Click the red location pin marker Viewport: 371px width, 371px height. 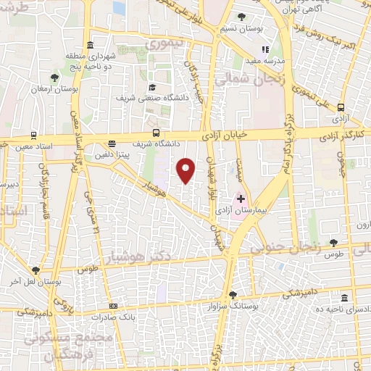[x=186, y=170]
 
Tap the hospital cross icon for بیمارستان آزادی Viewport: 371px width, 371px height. [x=241, y=198]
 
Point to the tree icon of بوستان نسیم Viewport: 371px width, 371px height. [x=241, y=17]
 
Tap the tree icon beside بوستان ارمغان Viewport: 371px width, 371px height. [x=55, y=76]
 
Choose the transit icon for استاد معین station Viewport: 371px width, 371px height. [x=33, y=136]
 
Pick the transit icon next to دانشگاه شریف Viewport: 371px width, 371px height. [x=157, y=133]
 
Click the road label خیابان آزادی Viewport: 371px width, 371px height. [x=243, y=134]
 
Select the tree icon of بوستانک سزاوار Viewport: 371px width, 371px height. [x=233, y=294]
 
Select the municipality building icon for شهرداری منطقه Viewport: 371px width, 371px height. [x=90, y=45]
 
